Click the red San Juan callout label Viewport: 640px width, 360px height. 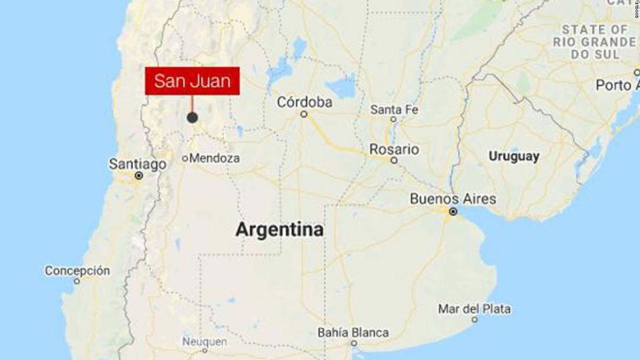pos(192,81)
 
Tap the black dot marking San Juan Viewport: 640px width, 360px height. pos(192,117)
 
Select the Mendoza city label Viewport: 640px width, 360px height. pos(215,159)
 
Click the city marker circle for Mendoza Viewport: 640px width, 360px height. pos(186,159)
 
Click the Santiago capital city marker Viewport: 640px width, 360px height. pos(139,176)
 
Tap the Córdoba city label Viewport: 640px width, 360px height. pos(304,102)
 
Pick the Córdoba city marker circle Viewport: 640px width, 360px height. pos(303,114)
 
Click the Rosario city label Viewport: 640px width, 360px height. pos(395,149)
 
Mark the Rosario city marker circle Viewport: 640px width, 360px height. pos(394,161)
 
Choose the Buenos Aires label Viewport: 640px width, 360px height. pos(453,199)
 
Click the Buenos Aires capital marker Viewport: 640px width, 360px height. pos(453,211)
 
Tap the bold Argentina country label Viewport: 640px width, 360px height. pos(279,230)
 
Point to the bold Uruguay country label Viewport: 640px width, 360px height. pos(513,157)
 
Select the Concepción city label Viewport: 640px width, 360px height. pos(77,271)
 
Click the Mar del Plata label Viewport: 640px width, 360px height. pos(474,309)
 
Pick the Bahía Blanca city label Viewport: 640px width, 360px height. pos(353,333)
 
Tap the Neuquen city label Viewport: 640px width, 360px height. pos(205,342)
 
